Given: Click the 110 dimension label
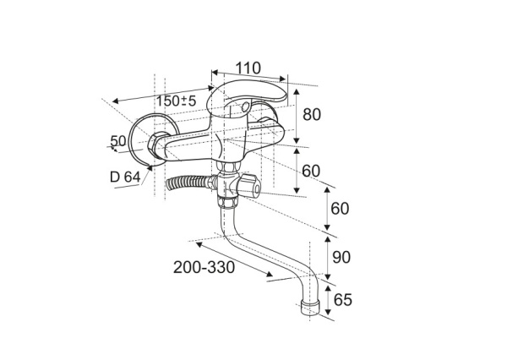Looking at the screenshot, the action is coord(248,68).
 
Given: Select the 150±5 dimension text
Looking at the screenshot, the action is coord(177,101).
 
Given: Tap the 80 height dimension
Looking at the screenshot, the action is coord(312,114).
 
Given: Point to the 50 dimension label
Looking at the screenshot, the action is coord(118,141).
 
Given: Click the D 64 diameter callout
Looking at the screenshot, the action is coord(125,177).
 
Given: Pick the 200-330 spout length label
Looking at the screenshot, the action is coord(204,267).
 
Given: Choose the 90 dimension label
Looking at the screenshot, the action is coord(341,258).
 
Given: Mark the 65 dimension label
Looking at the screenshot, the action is coord(343,300).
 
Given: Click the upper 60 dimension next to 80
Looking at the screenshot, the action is coord(311,171).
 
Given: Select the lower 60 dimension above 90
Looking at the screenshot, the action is coord(340,208).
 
